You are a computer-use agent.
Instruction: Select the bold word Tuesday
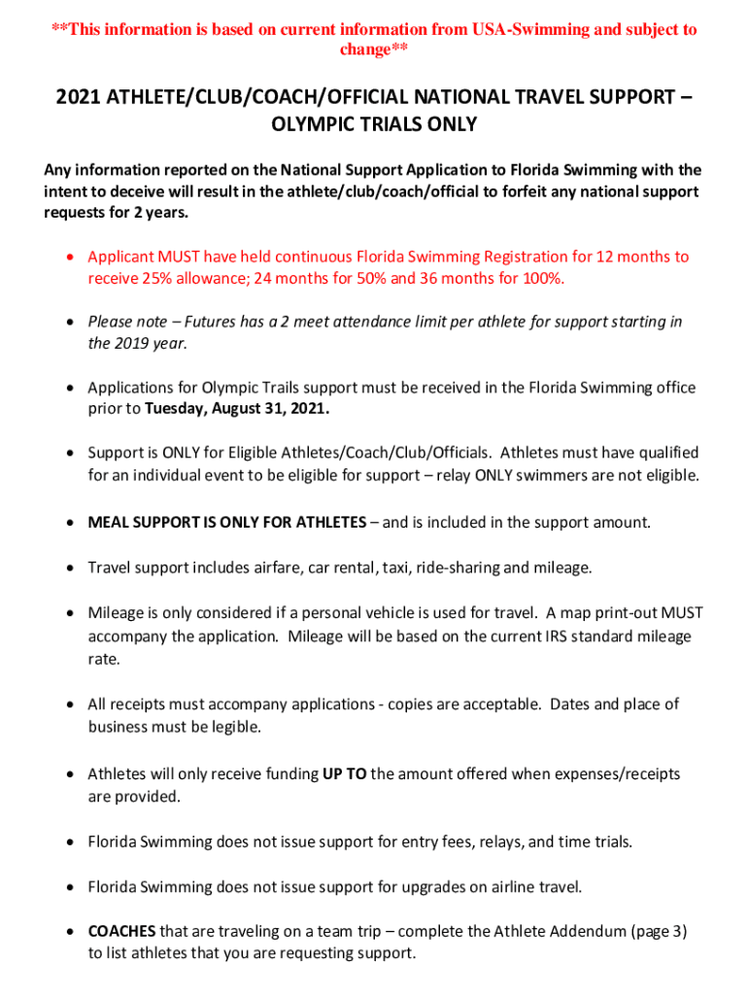point(179,409)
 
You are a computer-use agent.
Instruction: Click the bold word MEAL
point(109,523)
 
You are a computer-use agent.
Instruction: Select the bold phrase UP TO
point(344,774)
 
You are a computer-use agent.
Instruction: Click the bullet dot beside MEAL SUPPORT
point(71,524)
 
